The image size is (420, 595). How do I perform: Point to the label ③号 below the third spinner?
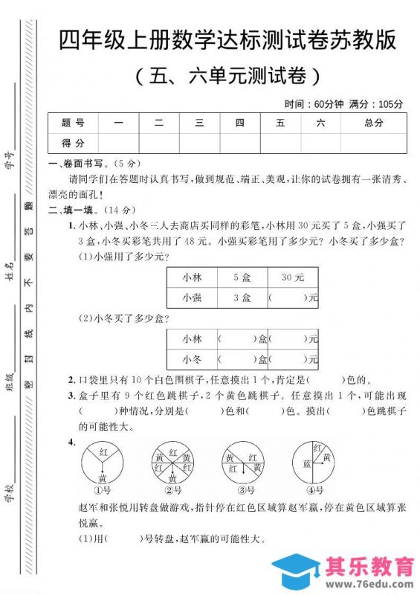coord(242,490)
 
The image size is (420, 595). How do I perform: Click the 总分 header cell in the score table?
coord(373,123)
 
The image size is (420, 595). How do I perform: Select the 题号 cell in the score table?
coord(73,123)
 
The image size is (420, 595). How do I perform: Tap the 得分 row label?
coord(73,143)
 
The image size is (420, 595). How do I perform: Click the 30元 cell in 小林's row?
coord(293,277)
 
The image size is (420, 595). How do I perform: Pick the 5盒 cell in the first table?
coord(242,277)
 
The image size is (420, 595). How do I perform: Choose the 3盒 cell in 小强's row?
coord(242,297)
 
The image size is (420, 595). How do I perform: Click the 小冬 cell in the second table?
coord(192,359)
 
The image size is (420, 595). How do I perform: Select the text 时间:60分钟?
coord(314,103)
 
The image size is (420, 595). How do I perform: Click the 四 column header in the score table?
coord(239,123)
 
